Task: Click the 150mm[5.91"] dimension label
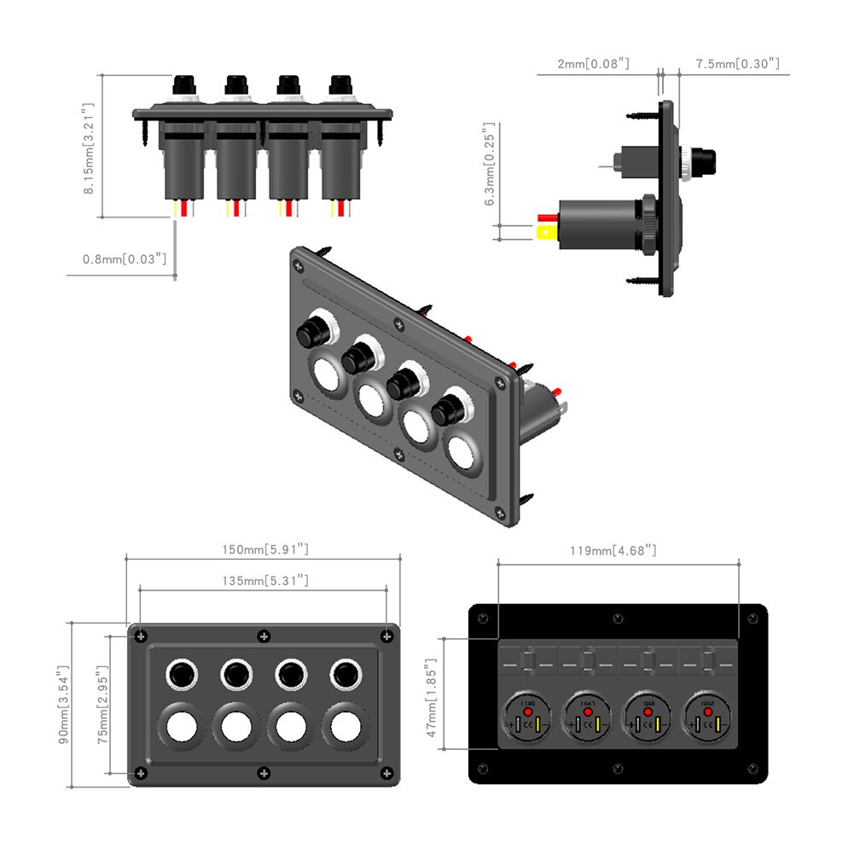264,550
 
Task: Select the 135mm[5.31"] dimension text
264,581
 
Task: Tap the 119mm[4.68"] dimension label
613,550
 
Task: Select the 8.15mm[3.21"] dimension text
88,149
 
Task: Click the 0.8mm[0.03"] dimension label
125,258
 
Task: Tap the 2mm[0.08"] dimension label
594,63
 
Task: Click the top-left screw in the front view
140,636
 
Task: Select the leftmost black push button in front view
181,675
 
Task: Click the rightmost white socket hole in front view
345,727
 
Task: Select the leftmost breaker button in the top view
184,85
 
